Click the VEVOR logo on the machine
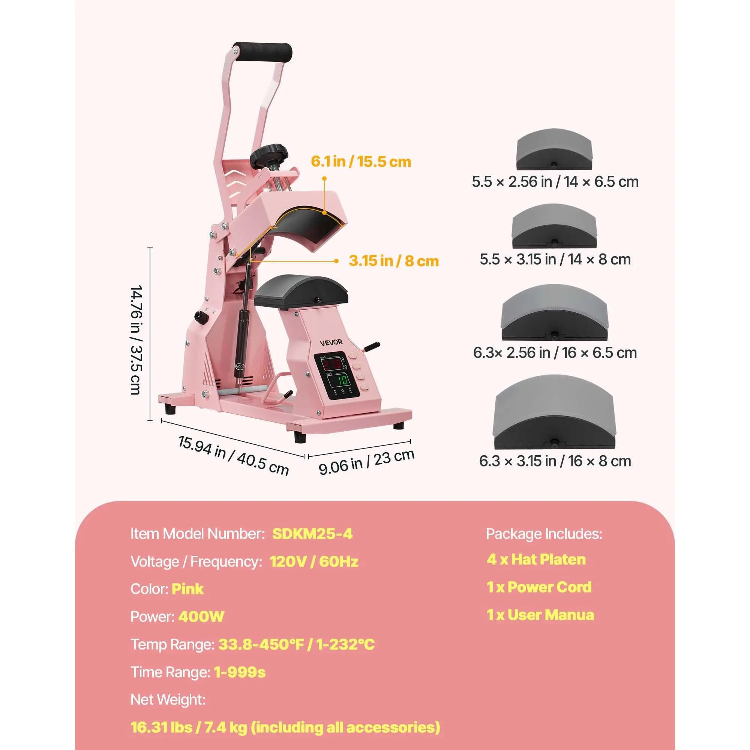point(331,342)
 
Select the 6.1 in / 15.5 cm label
point(361,162)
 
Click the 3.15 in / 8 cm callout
point(394,261)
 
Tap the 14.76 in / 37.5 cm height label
point(136,340)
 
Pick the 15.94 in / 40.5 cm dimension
point(233,456)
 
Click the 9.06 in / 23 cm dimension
point(366,462)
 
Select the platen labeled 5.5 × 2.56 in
point(554,150)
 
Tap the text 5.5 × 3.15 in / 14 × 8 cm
point(555,259)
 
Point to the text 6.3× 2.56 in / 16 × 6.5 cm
point(555,352)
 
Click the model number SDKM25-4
point(312,534)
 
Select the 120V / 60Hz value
point(314,561)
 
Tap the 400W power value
point(201,616)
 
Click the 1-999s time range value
point(240,672)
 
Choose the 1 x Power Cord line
point(539,587)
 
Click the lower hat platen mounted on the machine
point(301,291)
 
